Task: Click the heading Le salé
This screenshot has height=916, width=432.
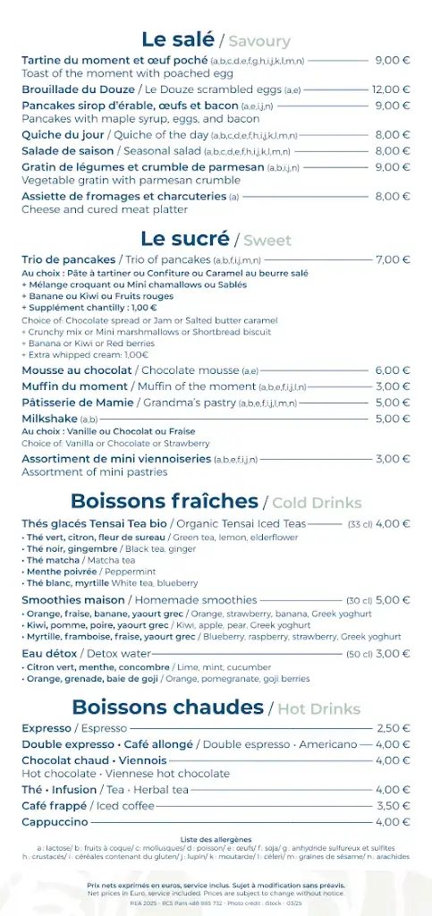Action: [x=178, y=39]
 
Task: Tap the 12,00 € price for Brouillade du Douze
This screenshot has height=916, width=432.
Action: [x=391, y=89]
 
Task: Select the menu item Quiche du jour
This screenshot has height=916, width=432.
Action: [x=57, y=135]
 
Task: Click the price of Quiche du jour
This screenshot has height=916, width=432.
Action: [x=393, y=135]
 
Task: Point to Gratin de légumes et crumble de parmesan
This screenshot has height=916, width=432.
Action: [x=143, y=166]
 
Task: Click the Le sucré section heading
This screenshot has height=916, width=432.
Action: [x=184, y=239]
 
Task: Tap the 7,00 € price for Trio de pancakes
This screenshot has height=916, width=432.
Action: [x=393, y=259]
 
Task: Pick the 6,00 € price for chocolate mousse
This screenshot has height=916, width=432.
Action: [x=393, y=370]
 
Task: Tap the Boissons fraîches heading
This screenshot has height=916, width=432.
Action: [x=165, y=501]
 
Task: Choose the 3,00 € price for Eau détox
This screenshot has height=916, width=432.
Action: [x=393, y=654]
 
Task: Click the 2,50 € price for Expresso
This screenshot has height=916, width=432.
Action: [x=394, y=728]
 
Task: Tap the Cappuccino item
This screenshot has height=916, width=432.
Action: [x=55, y=821]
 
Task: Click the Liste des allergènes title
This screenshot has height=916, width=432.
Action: [x=216, y=839]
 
